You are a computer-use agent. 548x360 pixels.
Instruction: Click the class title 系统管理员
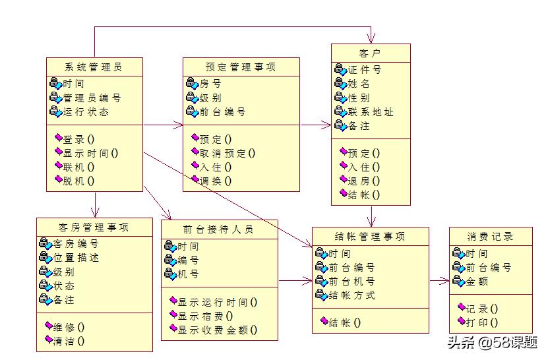point(94,67)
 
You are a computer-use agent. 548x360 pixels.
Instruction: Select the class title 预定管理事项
point(241,67)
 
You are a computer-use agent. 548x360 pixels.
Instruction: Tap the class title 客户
point(371,53)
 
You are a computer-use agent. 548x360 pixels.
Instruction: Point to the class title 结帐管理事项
point(370,236)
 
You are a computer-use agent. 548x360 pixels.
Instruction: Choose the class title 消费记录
point(490,236)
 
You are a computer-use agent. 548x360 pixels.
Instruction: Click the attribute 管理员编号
point(92,98)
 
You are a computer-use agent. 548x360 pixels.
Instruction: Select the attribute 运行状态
point(86,111)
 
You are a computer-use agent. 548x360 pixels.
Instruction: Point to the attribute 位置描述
point(76,258)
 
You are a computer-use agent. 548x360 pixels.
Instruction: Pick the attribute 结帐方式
point(351,295)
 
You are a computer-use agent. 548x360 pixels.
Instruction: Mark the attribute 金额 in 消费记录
point(476,281)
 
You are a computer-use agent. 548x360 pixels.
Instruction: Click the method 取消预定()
point(227,153)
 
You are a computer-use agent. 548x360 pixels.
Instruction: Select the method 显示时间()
point(90,153)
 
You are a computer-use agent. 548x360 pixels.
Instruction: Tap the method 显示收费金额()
point(217,330)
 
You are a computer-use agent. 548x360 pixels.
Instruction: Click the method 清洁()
point(69,340)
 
